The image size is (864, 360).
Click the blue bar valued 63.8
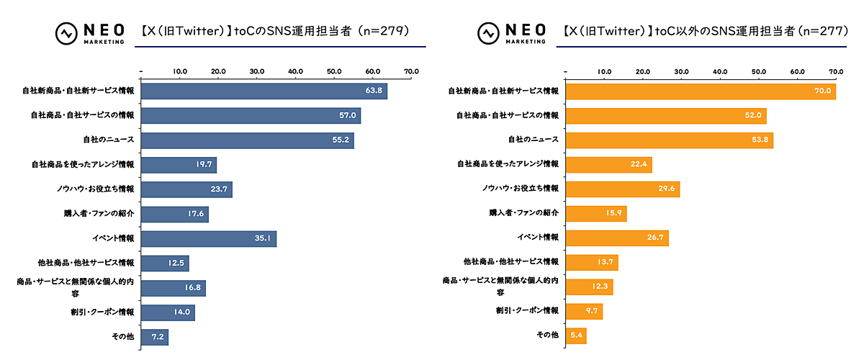(x=264, y=91)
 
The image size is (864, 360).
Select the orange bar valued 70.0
(x=701, y=91)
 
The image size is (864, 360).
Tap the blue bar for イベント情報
(x=209, y=238)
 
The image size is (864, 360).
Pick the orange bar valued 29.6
(x=623, y=189)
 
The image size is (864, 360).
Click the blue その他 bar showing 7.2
(x=155, y=336)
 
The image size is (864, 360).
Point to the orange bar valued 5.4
(x=576, y=335)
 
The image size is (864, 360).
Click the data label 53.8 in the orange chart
(x=759, y=140)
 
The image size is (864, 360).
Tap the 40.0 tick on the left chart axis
(x=295, y=72)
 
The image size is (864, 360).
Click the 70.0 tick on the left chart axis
(x=411, y=72)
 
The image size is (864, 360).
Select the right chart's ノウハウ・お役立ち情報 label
(x=521, y=189)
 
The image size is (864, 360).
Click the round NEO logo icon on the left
(x=67, y=33)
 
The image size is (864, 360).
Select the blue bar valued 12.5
(x=165, y=263)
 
